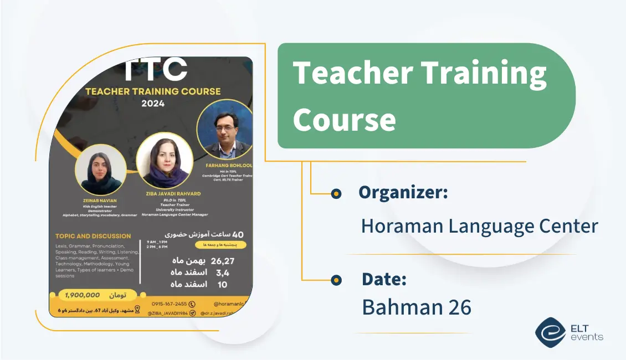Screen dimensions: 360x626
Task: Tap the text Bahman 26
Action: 417,307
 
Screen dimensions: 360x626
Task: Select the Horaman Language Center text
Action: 479,226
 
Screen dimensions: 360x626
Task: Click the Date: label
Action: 384,279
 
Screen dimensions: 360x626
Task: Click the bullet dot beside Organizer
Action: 336,193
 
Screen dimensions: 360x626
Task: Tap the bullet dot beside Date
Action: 336,280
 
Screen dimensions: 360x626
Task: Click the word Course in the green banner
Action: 344,119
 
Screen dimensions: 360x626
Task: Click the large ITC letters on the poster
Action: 155,70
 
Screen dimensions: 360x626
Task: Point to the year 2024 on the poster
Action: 153,103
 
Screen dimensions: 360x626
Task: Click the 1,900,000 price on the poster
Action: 82,295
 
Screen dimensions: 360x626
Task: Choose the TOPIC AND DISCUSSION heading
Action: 93,236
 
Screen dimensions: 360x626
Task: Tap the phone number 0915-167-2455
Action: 169,304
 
